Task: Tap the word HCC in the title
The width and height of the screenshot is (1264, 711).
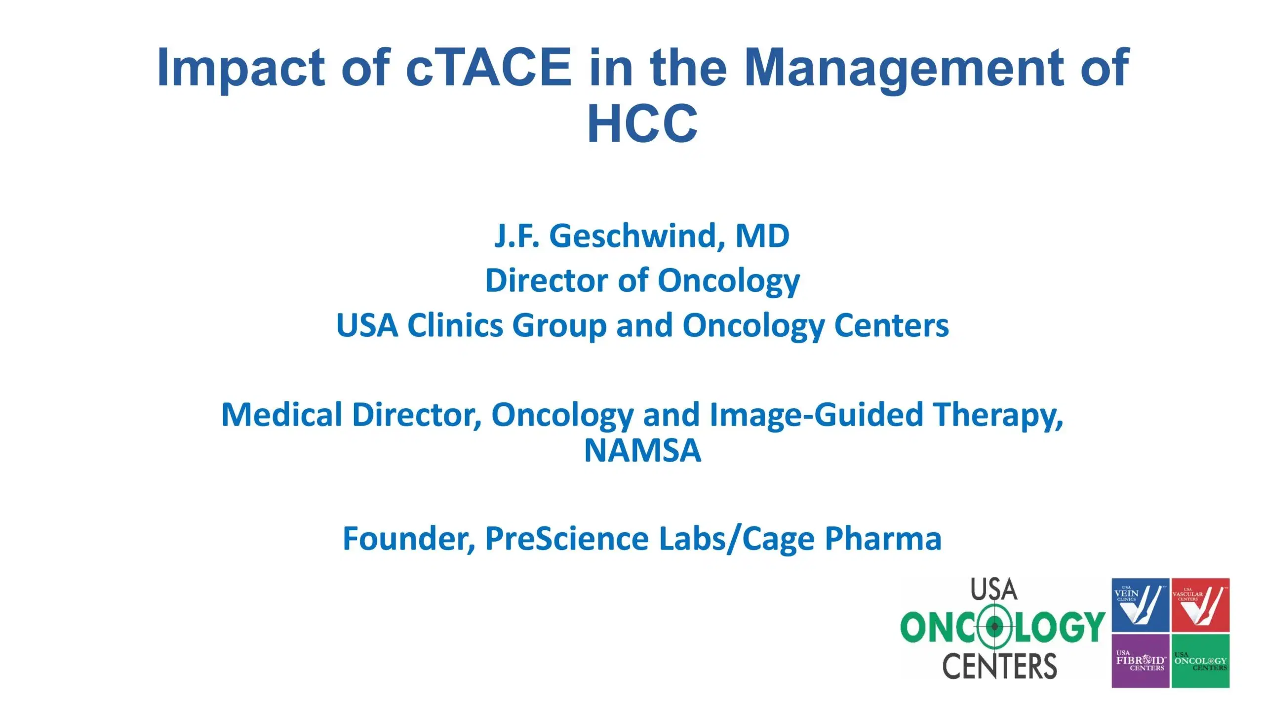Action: (x=642, y=123)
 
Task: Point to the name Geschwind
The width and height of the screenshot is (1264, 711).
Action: (x=637, y=236)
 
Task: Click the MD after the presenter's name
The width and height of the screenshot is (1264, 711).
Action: (x=762, y=236)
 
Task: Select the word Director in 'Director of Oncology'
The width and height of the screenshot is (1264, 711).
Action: (x=546, y=280)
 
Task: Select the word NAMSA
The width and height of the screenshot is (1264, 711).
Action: (x=642, y=450)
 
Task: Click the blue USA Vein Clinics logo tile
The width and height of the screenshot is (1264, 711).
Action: (x=1140, y=605)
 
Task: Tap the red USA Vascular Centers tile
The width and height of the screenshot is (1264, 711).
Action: (x=1200, y=605)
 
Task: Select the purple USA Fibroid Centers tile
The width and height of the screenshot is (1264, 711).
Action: (x=1140, y=661)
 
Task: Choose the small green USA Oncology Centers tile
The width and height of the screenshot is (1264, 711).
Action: (x=1200, y=661)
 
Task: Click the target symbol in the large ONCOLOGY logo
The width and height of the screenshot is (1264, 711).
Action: (x=994, y=627)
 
